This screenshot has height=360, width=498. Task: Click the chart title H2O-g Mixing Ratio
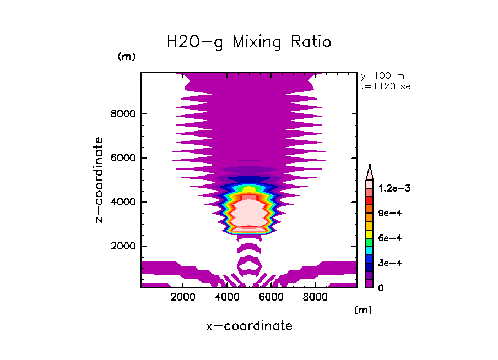pos(249,42)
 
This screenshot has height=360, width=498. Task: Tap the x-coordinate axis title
pos(249,326)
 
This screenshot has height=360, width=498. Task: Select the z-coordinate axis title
pos(100,179)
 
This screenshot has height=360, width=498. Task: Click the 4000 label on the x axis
pos(227,298)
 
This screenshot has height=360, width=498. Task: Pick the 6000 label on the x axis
pos(270,298)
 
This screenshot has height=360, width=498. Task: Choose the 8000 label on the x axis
pos(314,298)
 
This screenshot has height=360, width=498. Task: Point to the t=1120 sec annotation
pos(388,86)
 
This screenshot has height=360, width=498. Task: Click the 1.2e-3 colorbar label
pos(391,188)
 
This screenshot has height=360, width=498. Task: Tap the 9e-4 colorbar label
pos(387,213)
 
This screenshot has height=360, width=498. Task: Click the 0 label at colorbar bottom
pos(381,287)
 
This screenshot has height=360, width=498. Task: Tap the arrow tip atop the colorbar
pos(370,166)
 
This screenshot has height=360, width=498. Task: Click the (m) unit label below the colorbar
pos(362,310)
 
